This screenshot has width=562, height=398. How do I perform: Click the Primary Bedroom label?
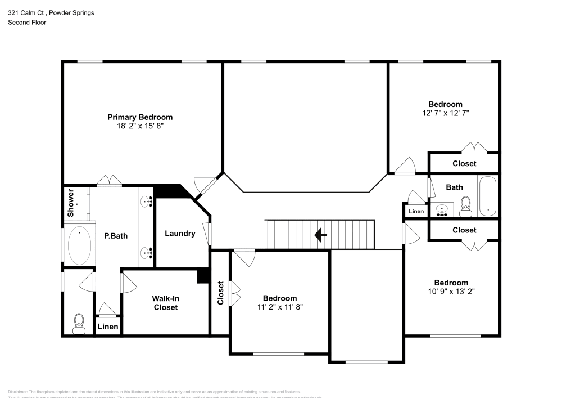tap(140, 117)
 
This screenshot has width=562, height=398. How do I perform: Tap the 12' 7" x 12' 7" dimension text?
tap(445, 113)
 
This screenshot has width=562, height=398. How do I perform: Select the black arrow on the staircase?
tap(321, 235)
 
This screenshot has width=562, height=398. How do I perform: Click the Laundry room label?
tap(180, 234)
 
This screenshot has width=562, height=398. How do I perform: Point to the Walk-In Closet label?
tap(165, 303)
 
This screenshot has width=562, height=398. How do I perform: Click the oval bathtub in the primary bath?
tap(79, 245)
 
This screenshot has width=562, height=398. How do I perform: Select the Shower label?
tap(71, 203)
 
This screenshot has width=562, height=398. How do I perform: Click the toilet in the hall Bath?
tap(465, 207)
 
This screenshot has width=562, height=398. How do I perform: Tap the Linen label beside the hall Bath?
tap(416, 212)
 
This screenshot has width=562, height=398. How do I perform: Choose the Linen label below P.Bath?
tap(108, 327)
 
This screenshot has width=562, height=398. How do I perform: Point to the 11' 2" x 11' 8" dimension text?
tap(280, 307)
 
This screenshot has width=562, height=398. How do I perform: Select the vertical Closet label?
tap(220, 293)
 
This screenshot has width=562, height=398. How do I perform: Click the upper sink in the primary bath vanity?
tap(147, 202)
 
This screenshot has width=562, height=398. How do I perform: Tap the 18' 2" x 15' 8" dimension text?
tap(140, 127)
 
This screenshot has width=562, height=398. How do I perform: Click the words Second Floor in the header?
tap(27, 23)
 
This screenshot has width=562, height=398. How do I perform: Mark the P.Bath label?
tap(115, 236)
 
